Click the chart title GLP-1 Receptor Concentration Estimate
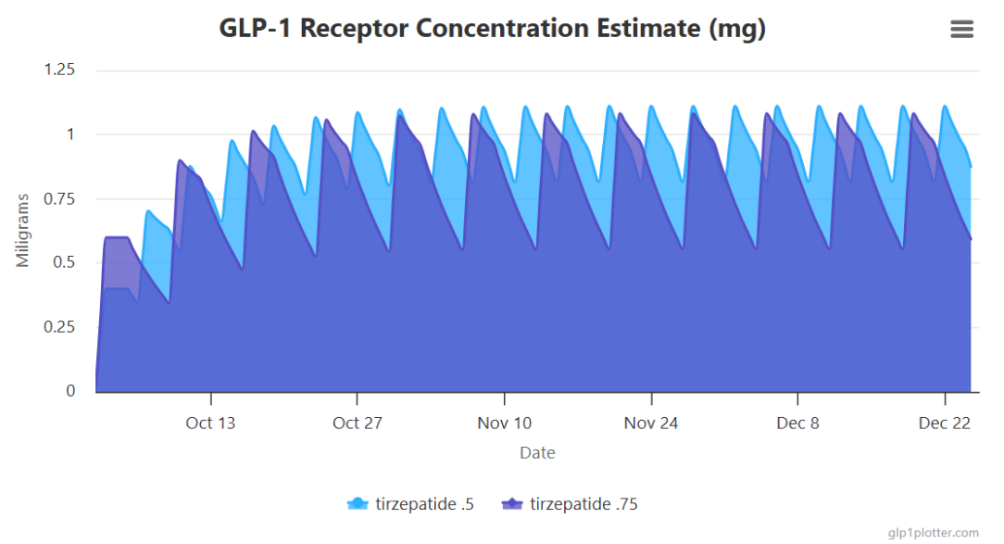tap(492, 28)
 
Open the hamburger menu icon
tap(961, 30)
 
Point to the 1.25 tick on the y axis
tap(59, 70)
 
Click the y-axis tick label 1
tap(70, 134)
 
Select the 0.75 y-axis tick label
tap(59, 198)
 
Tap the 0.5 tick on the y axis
tap(64, 263)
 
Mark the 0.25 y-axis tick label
tap(59, 327)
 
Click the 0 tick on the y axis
tap(70, 391)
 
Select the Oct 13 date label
tap(210, 424)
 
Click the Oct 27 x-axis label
tap(357, 424)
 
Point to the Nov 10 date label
tap(504, 424)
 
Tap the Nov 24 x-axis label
tap(651, 424)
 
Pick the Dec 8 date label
tap(797, 424)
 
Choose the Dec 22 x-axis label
tap(945, 424)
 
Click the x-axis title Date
tap(537, 453)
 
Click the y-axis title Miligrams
tap(23, 230)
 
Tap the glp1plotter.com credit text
tap(933, 532)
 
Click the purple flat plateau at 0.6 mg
tap(117, 238)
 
